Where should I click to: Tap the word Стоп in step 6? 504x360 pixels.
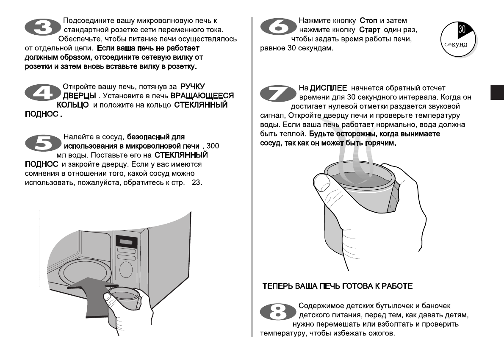pos(368,21)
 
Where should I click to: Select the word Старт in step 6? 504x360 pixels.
pos(370,30)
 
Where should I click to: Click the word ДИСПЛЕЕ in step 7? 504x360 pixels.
pos(329,88)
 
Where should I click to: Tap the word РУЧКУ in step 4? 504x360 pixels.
pos(192,86)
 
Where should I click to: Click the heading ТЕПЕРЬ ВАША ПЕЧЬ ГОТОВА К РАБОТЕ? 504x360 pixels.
pos(338,286)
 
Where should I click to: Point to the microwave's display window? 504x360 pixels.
pos(126,243)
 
